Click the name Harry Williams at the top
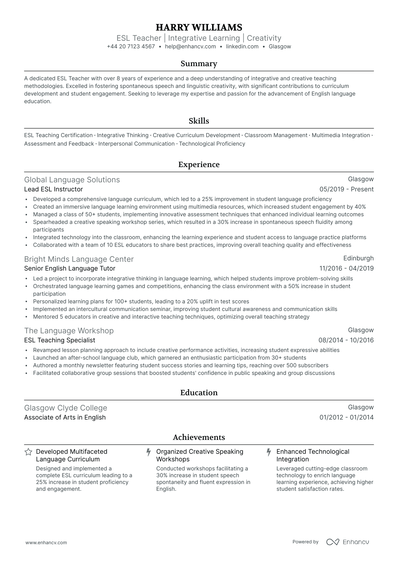pos(199,27)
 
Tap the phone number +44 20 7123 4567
pos(131,47)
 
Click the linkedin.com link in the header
pos(242,47)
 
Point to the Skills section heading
pos(199,121)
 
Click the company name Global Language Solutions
pos(72,180)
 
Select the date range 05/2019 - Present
pos(346,189)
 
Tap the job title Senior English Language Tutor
pos(70,269)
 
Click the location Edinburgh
pos(358,258)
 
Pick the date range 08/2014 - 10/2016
pos(346,340)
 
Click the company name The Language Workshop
pos(69,331)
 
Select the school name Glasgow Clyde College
pos(65,408)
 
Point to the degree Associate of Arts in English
pos(65,418)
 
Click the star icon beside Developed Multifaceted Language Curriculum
pos(28,452)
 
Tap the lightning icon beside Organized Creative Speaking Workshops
pos(148,452)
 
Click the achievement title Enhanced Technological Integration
pos(312,455)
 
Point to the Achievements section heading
pos(199,437)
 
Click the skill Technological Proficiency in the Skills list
pos(212,144)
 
